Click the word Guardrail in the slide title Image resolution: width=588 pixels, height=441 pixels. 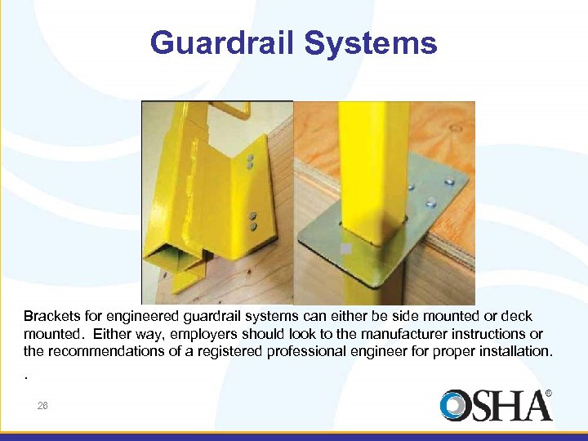[x=223, y=42]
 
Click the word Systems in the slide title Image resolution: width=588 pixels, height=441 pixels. [x=372, y=42]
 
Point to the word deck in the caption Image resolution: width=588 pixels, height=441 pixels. [x=517, y=316]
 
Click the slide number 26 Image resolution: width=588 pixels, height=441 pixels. [x=42, y=405]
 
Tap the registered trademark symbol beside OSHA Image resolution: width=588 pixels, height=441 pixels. [x=548, y=394]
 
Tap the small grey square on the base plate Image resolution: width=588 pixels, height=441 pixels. [x=346, y=247]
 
